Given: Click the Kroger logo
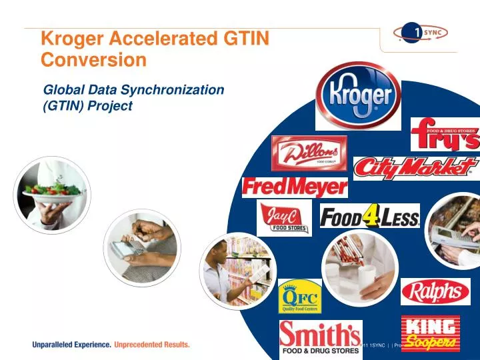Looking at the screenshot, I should tap(358, 95).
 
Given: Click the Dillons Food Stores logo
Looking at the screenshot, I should tap(309, 153).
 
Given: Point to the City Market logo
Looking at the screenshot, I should tap(416, 169).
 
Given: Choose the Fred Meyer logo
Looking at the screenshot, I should tap(295, 187).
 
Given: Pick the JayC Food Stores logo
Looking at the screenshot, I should tap(284, 218).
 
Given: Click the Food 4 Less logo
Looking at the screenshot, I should tap(369, 217).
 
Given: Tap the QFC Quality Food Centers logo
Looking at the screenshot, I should tap(299, 297).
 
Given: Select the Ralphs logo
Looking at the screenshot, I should tap(435, 291).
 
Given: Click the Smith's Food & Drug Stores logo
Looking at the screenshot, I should tap(320, 339).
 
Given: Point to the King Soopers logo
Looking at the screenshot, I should tap(430, 334).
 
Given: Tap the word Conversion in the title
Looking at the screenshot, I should tap(93, 59).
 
